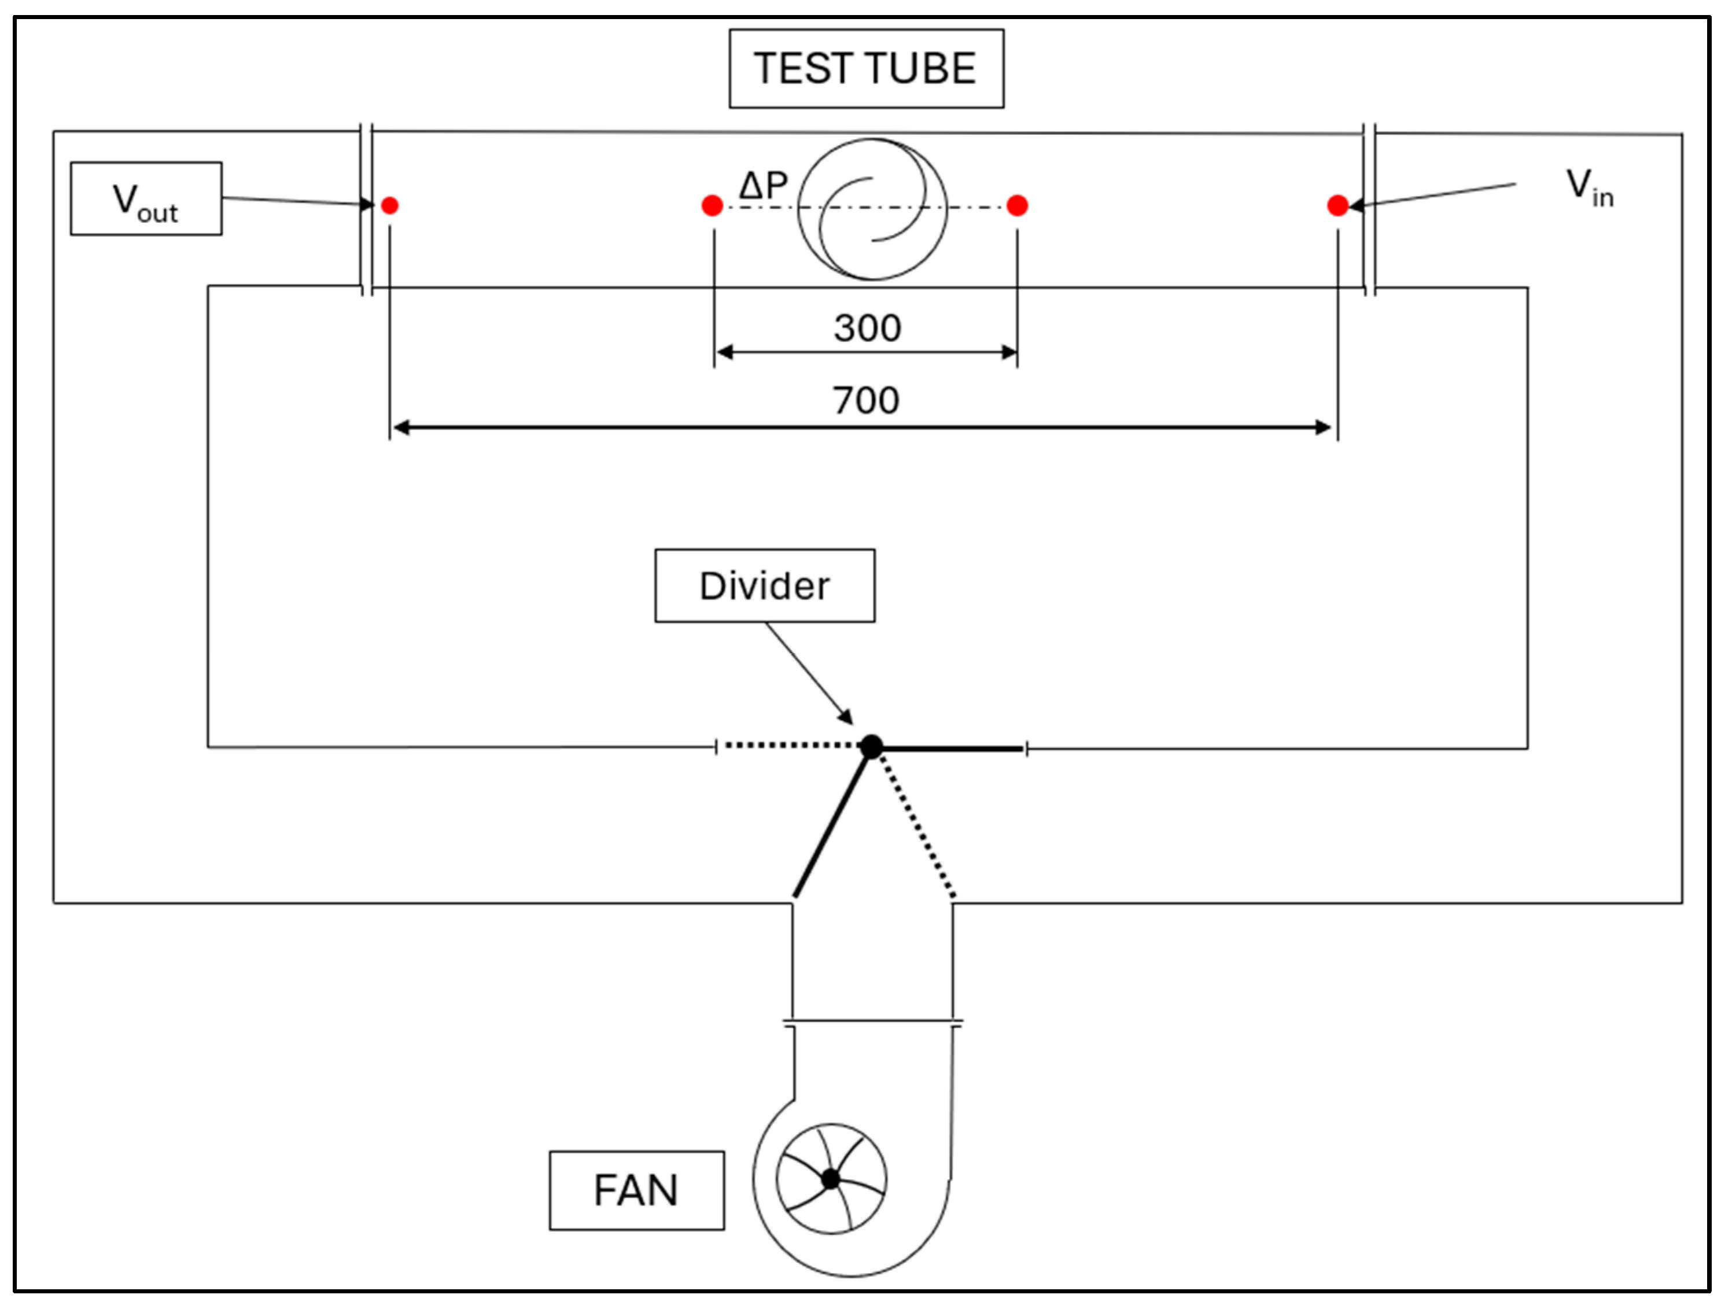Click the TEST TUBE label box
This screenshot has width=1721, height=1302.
(x=866, y=68)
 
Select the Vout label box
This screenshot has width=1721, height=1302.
(x=146, y=199)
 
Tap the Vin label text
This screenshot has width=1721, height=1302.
(x=1588, y=187)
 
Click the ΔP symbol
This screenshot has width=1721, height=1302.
(x=763, y=186)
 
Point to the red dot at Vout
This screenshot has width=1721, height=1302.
(x=390, y=205)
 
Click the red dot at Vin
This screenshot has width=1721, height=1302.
(x=1337, y=205)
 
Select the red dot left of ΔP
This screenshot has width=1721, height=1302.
(x=712, y=205)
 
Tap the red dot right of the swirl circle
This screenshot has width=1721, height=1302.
(x=1017, y=205)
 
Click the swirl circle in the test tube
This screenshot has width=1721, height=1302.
(x=872, y=208)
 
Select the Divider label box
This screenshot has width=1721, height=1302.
(x=764, y=586)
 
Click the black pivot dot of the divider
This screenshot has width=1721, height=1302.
(x=871, y=747)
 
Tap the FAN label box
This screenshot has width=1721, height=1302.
(x=636, y=1190)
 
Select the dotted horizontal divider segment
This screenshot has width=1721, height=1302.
(x=790, y=745)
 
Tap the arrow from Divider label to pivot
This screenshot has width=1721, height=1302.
(x=809, y=673)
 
